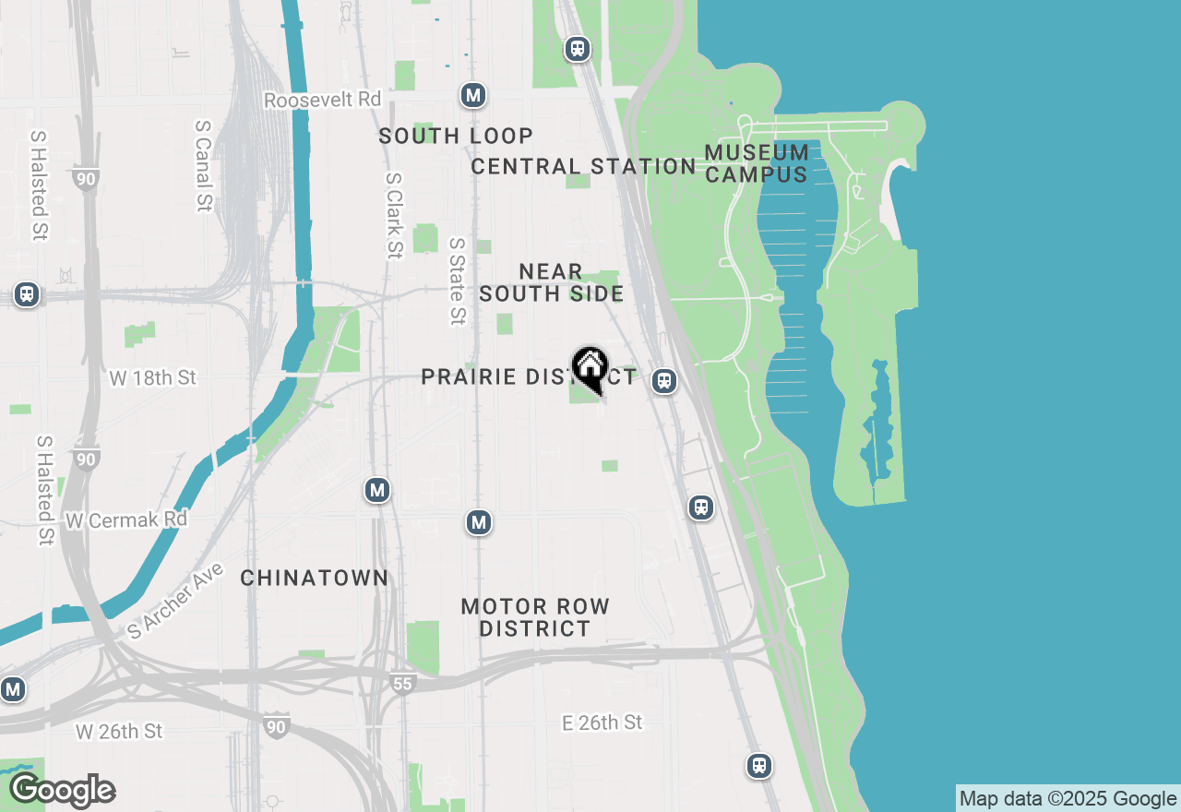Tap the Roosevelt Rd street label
click(x=322, y=100)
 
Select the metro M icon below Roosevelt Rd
click(x=473, y=95)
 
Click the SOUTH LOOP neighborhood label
click(x=456, y=136)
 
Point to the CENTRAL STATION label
click(x=582, y=166)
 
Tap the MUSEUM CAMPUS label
click(x=757, y=162)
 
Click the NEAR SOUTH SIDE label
click(x=551, y=282)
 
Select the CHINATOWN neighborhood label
click(x=314, y=578)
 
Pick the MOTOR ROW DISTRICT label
click(x=535, y=617)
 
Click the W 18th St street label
click(x=153, y=377)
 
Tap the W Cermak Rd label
click(x=126, y=519)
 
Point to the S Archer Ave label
click(x=175, y=601)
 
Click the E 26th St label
click(x=602, y=722)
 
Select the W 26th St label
click(x=119, y=731)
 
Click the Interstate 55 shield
click(x=402, y=684)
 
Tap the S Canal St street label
click(x=204, y=165)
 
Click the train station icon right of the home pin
click(x=663, y=381)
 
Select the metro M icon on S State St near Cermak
click(x=478, y=523)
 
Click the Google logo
click(x=63, y=791)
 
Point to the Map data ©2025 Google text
click(x=1068, y=799)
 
